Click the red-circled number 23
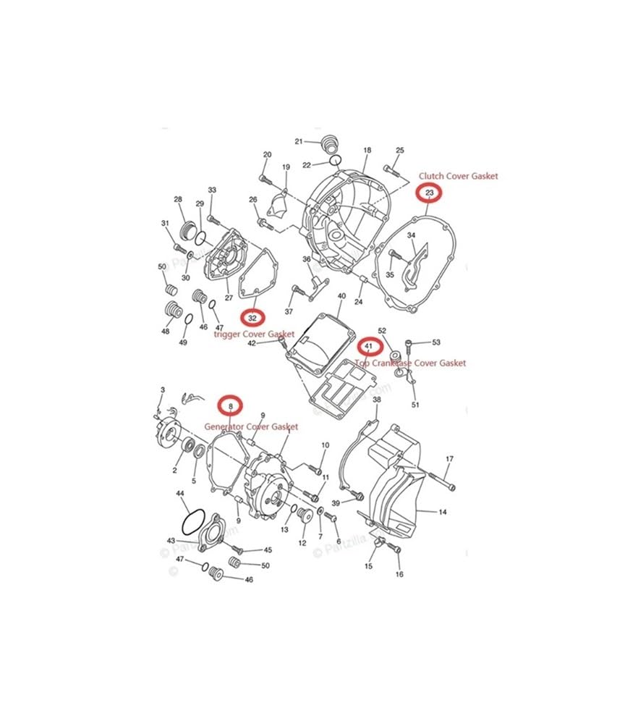(x=430, y=193)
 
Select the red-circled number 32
(x=252, y=318)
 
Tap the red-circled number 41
(x=368, y=347)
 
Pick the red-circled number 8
(x=231, y=406)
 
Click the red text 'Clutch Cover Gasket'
(x=459, y=175)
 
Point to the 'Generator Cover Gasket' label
(x=251, y=427)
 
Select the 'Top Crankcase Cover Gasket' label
(x=411, y=363)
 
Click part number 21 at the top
(x=298, y=141)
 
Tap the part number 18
(x=367, y=150)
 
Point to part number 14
(x=443, y=512)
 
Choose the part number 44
(x=181, y=493)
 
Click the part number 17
(x=449, y=459)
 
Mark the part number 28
(x=178, y=199)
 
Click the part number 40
(x=341, y=296)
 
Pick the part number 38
(x=377, y=400)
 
